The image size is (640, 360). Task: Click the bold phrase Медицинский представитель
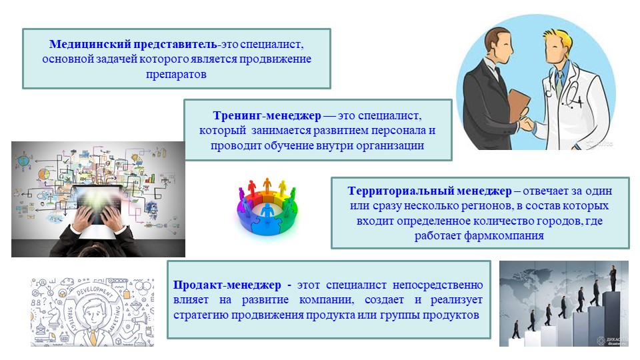click(x=133, y=44)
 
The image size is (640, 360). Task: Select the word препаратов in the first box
click(x=176, y=75)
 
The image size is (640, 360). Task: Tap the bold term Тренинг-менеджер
click(x=267, y=115)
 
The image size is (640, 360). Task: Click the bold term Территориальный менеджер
click(x=429, y=191)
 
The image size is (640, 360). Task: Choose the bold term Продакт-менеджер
click(x=227, y=285)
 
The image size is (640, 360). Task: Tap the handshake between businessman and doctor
click(x=527, y=123)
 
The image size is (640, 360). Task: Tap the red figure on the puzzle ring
click(x=252, y=187)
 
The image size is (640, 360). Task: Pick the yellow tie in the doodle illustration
click(x=94, y=337)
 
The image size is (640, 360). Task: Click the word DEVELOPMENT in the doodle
click(x=95, y=290)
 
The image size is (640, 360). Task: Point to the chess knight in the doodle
click(x=53, y=316)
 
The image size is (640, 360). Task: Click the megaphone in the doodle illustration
click(x=139, y=319)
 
